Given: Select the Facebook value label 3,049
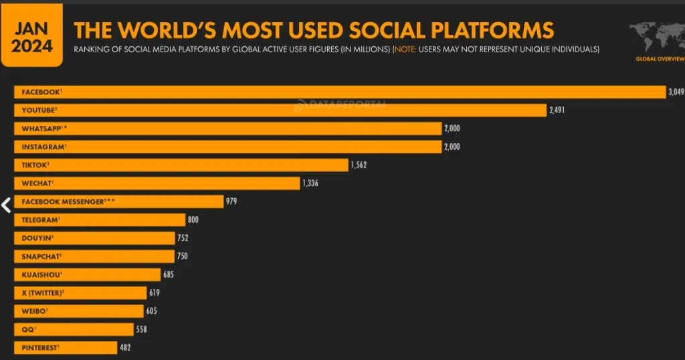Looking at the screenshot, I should pyautogui.click(x=676, y=92).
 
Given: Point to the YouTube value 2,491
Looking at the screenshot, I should pyautogui.click(x=557, y=110).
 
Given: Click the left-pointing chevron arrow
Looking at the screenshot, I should pyautogui.click(x=6, y=205).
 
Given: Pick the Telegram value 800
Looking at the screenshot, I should pyautogui.click(x=193, y=219).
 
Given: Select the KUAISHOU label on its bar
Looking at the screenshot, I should pyautogui.click(x=42, y=274).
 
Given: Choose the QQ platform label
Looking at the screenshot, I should pyautogui.click(x=28, y=329).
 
